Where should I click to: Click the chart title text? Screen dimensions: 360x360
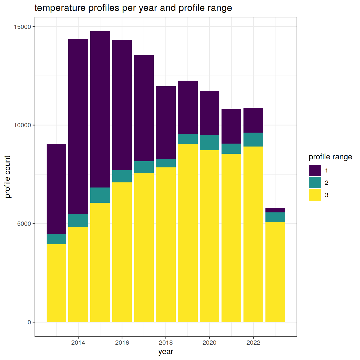[x=133, y=8]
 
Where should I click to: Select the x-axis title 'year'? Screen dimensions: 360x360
[x=166, y=351]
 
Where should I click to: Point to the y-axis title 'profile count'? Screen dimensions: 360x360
[x=8, y=177]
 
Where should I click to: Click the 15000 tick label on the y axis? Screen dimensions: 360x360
[x=23, y=27]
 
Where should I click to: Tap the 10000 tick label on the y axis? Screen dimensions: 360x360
[x=23, y=125]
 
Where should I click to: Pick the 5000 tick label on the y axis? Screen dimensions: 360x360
[x=24, y=224]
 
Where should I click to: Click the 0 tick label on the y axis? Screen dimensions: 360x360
[x=29, y=322]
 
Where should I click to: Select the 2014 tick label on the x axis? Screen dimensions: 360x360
[x=78, y=343]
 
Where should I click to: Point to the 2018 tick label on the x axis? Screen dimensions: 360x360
[x=166, y=343]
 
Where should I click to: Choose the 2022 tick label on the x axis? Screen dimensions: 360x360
[x=253, y=343]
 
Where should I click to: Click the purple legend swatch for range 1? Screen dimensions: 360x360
[x=315, y=170]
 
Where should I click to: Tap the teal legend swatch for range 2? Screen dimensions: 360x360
[x=315, y=183]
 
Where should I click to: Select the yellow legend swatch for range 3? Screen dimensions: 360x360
[x=315, y=195]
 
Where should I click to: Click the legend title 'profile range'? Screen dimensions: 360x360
[x=330, y=157]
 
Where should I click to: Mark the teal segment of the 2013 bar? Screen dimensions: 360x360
[x=56, y=239]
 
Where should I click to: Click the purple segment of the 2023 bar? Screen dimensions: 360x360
[x=275, y=210]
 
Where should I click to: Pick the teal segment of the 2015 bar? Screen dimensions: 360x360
[x=100, y=195]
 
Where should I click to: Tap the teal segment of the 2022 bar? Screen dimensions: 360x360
[x=253, y=140]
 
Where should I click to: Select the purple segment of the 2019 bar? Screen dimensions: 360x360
[x=187, y=107]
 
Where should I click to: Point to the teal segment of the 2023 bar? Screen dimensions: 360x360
[x=275, y=217]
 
